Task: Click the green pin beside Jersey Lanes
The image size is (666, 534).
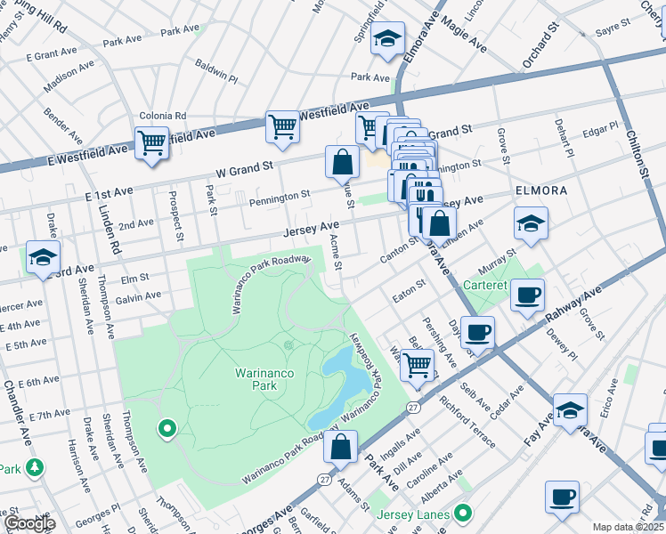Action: [x=462, y=514]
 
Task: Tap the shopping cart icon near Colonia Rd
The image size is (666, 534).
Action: [x=151, y=142]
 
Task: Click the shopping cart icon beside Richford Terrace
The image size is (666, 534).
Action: [x=417, y=363]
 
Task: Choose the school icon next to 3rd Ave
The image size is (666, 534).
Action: [x=43, y=257]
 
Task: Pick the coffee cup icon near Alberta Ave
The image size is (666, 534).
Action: [x=561, y=497]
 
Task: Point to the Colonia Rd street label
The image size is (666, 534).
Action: [x=162, y=116]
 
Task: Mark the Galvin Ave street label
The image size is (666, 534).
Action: [x=137, y=295]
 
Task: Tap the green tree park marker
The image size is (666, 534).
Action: [x=35, y=467]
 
